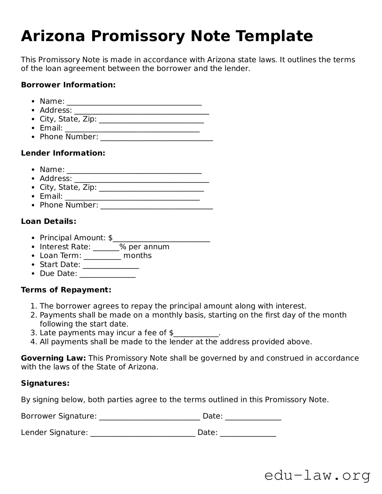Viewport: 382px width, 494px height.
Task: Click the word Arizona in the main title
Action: tap(53, 36)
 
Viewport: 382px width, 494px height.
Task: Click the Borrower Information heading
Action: tap(68, 85)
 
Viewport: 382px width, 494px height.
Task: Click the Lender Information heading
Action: tap(63, 153)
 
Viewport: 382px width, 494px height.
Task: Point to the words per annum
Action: tap(149, 247)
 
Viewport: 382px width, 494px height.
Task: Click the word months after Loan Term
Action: tap(137, 256)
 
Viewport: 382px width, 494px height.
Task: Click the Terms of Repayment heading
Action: tap(66, 290)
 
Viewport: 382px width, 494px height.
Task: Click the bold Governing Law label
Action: tap(53, 358)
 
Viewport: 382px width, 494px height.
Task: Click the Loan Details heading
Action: tap(49, 221)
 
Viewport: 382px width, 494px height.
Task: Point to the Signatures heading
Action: tap(45, 383)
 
